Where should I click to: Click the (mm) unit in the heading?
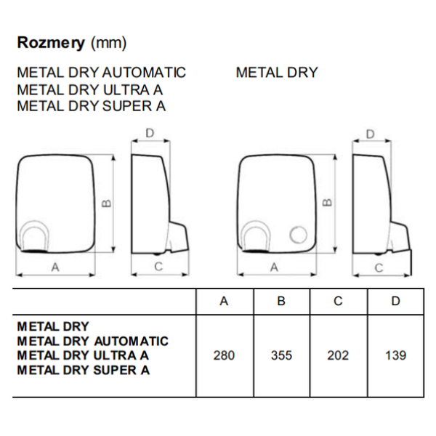[108, 44]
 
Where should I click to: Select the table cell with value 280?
[224, 355]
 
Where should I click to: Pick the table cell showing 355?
[281, 355]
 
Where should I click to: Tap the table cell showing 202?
[338, 355]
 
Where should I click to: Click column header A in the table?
[224, 302]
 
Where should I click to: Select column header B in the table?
[281, 302]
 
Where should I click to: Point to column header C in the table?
[338, 302]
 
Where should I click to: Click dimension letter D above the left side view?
[150, 133]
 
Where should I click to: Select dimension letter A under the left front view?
[55, 267]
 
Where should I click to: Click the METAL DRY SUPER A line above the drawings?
[91, 106]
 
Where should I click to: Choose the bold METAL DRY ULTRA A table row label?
[83, 355]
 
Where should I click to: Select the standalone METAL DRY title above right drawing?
[277, 73]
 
